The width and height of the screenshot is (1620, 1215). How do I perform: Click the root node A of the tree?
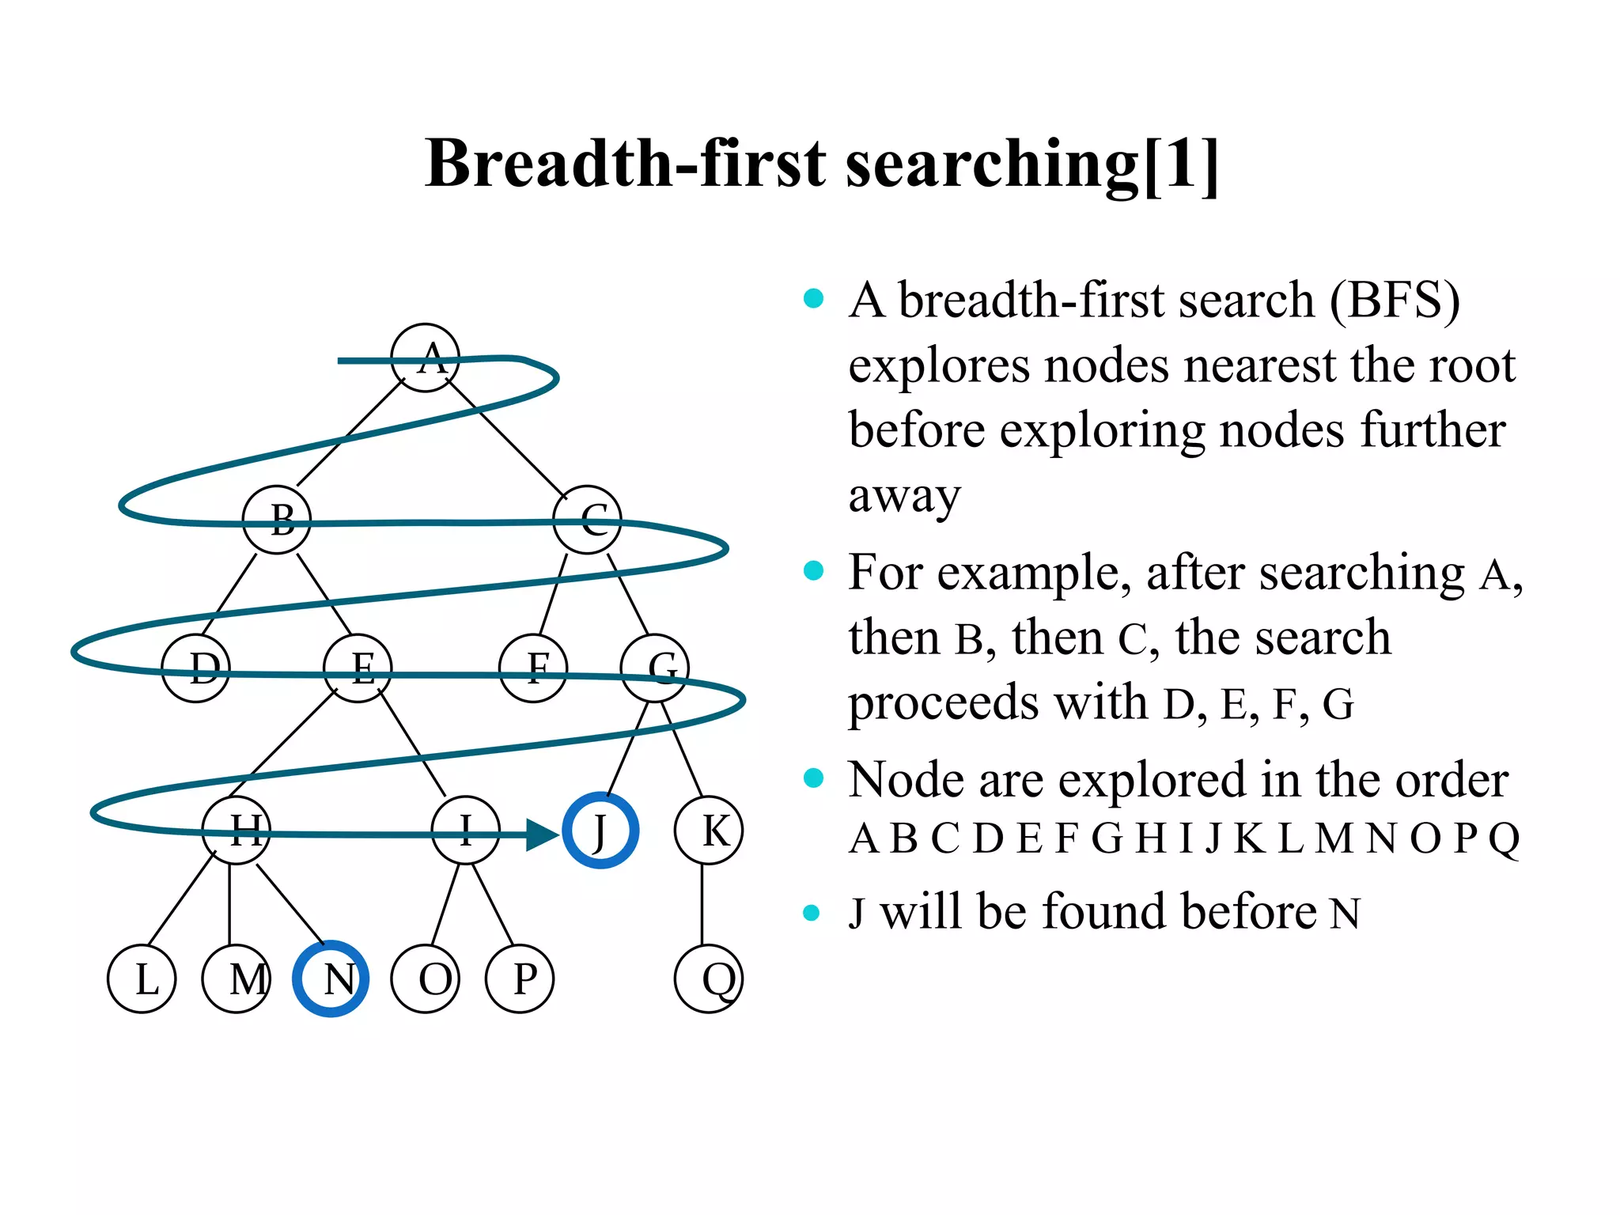tap(426, 358)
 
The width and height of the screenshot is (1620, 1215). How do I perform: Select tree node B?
tap(277, 520)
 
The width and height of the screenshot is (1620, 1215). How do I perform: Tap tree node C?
tap(588, 520)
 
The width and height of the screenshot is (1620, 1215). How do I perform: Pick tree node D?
tap(195, 668)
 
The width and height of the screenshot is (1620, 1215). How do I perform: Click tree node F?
tap(533, 668)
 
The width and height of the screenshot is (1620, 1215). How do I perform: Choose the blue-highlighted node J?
tap(600, 831)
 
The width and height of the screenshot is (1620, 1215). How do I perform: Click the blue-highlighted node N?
tap(331, 978)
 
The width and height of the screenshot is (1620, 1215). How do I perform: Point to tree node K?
tap(709, 831)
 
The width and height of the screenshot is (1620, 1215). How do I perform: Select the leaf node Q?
tap(709, 978)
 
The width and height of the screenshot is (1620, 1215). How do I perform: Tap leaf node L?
tap(142, 978)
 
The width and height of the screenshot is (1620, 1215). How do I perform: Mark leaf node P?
tap(520, 978)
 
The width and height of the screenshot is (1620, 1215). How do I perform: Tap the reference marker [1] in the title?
tap(1179, 164)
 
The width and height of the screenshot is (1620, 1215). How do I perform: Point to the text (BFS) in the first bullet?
tap(1394, 301)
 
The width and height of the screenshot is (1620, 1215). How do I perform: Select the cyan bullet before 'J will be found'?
tap(812, 912)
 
